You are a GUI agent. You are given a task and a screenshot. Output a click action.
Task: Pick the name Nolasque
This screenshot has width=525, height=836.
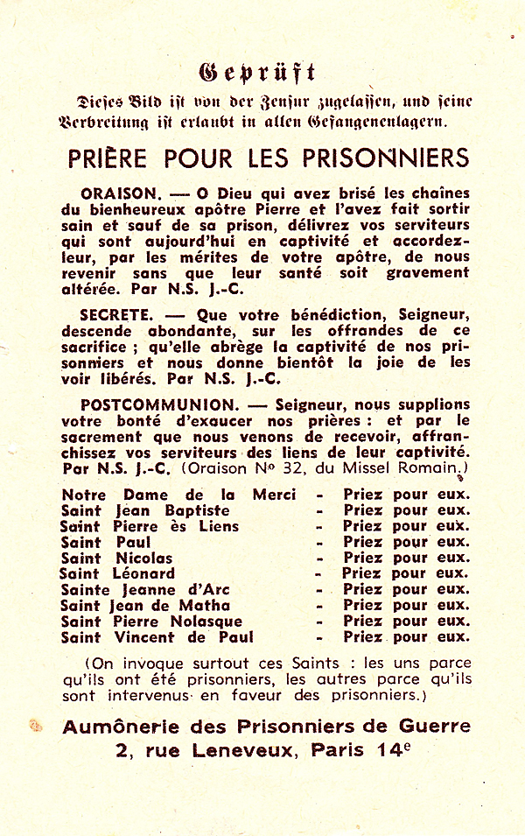coord(205,621)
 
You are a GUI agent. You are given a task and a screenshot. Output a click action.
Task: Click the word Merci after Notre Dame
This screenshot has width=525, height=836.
coord(274,495)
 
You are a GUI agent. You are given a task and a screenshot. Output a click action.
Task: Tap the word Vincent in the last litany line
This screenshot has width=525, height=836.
coord(149,636)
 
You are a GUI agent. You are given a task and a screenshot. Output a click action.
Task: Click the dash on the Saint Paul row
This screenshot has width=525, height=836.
coord(320,542)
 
